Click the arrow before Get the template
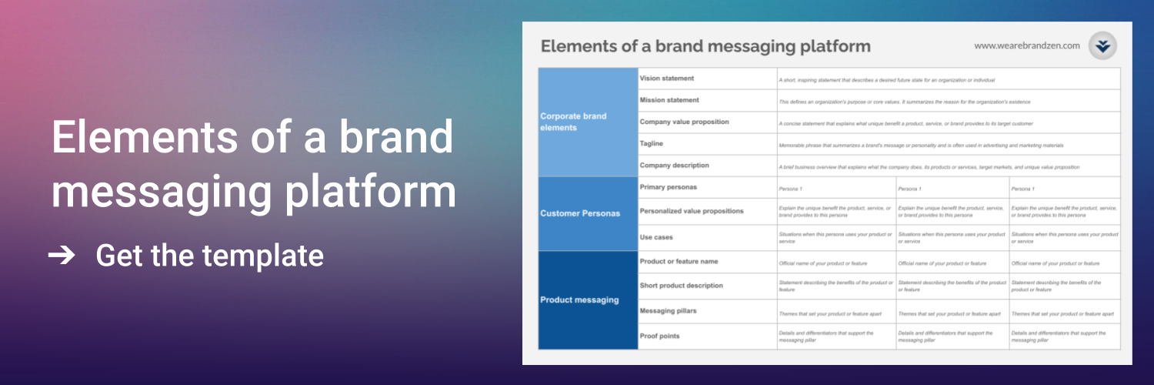click(62, 256)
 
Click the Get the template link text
click(209, 256)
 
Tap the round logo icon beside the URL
click(1103, 46)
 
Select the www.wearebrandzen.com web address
click(1026, 46)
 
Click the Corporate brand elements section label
click(573, 122)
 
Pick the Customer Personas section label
click(580, 213)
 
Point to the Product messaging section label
click(579, 300)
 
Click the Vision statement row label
click(667, 79)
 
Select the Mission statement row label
click(669, 100)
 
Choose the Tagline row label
click(652, 143)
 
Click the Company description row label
click(675, 166)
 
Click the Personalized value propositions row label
click(692, 210)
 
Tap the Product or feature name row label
click(679, 262)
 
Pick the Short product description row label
click(682, 286)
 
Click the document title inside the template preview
click(705, 46)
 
